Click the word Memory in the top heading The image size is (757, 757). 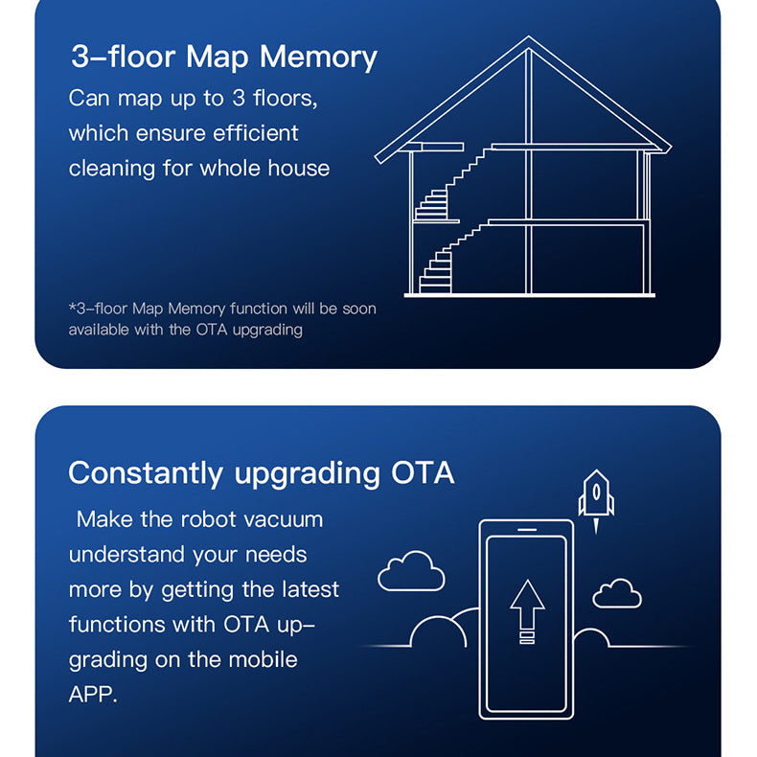[318, 57]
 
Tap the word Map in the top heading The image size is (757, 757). [218, 58]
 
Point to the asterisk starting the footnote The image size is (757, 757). [73, 307]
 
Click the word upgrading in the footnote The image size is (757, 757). [267, 331]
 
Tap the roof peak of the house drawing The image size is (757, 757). [528, 37]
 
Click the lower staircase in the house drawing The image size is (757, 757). [449, 260]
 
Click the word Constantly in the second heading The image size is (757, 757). [146, 473]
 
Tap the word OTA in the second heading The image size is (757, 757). [423, 472]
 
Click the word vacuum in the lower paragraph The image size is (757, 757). [284, 519]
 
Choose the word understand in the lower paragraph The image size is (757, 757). [126, 554]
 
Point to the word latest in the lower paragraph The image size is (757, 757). [310, 589]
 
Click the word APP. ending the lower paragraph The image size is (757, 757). [93, 695]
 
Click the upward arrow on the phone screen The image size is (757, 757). [527, 611]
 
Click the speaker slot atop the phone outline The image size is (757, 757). [527, 529]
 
